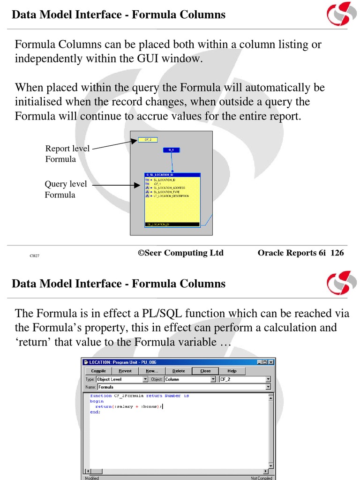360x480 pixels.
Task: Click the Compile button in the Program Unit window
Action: pyautogui.click(x=98, y=371)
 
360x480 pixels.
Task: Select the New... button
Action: pyautogui.click(x=152, y=371)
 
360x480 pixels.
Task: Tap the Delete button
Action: pyautogui.click(x=179, y=371)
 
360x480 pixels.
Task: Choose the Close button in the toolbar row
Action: pyautogui.click(x=205, y=371)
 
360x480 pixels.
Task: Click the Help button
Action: pyautogui.click(x=232, y=371)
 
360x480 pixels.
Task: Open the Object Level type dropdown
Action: pyautogui.click(x=122, y=379)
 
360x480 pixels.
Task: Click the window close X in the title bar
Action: pyautogui.click(x=271, y=362)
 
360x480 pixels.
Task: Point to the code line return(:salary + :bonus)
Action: pyautogui.click(x=128, y=406)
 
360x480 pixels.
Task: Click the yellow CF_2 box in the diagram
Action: pyautogui.click(x=148, y=140)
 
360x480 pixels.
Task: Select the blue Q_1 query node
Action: pyautogui.click(x=171, y=150)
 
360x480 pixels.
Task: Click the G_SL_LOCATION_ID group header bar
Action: pyautogui.click(x=172, y=175)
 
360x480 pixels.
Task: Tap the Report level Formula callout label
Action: pyautogui.click(x=61, y=154)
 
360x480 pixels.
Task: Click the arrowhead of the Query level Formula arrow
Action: pyautogui.click(x=138, y=186)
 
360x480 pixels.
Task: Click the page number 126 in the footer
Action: pyautogui.click(x=337, y=253)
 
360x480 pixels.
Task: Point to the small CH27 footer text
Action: pyautogui.click(x=34, y=256)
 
